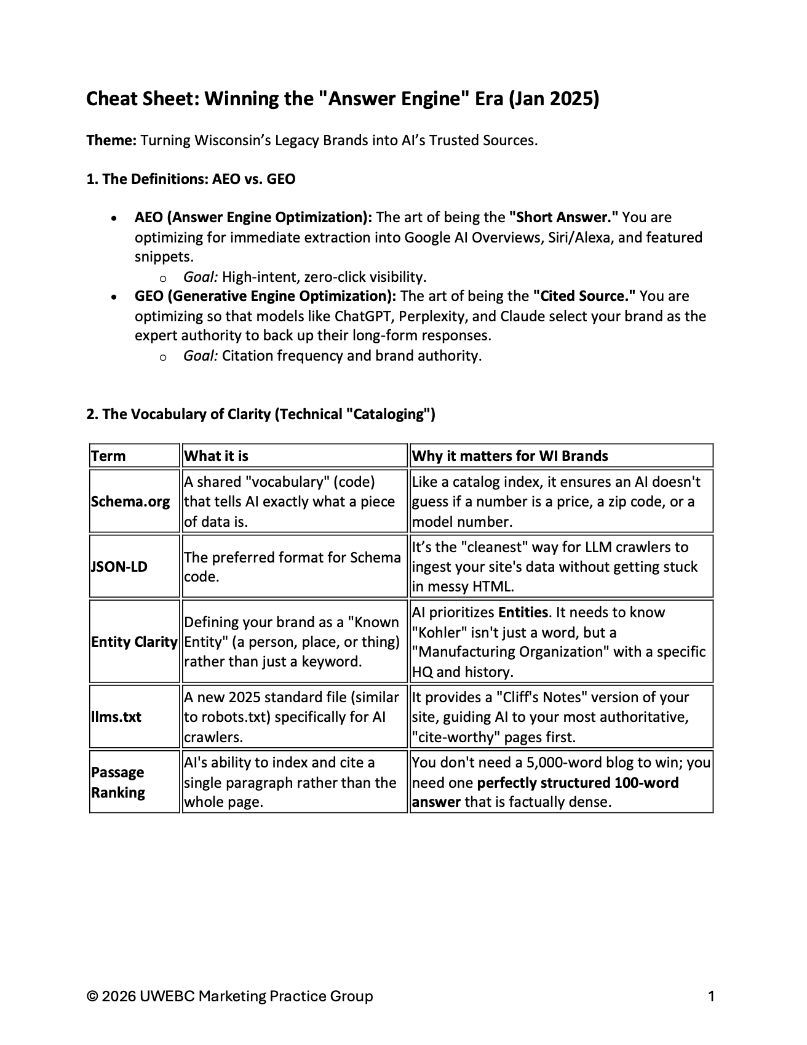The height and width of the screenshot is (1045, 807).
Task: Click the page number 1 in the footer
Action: [x=711, y=996]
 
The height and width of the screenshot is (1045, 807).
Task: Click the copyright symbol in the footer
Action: [x=92, y=996]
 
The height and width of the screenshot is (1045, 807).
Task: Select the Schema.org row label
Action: [x=130, y=502]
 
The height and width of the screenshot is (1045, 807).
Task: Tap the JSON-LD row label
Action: [x=119, y=567]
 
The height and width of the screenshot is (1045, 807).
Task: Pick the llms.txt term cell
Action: [x=116, y=717]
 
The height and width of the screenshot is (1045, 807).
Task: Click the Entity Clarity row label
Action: [x=134, y=642]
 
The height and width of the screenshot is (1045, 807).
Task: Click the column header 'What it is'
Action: [x=217, y=456]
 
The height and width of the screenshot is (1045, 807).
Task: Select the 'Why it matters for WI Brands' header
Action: [x=510, y=456]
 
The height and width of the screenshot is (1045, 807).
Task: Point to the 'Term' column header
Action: [x=108, y=456]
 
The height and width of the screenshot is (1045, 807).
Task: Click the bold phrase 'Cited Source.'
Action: [x=584, y=296]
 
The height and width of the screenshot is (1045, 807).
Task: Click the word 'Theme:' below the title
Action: [x=111, y=140]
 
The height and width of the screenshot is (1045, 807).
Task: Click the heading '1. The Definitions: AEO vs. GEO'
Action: [x=191, y=179]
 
